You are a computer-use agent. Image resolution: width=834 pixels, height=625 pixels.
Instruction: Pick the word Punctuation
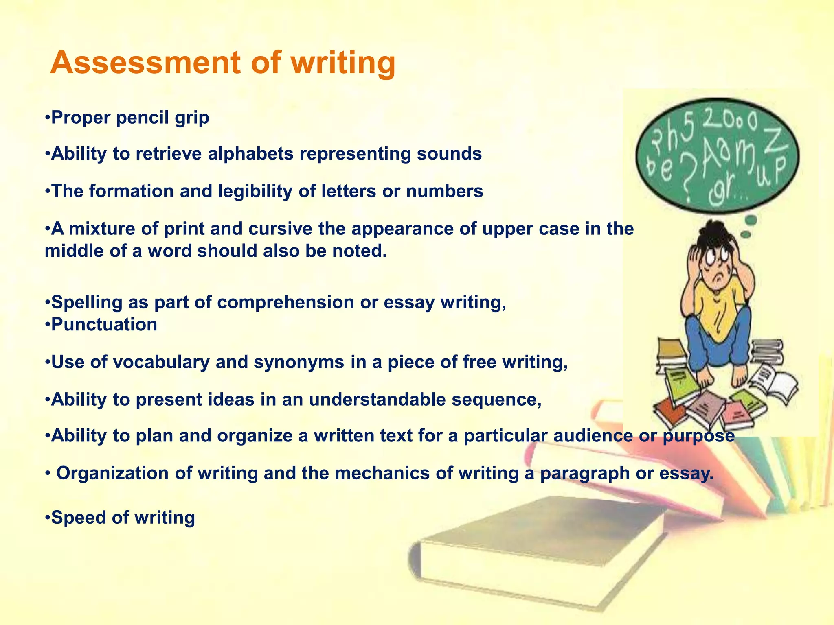104,325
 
